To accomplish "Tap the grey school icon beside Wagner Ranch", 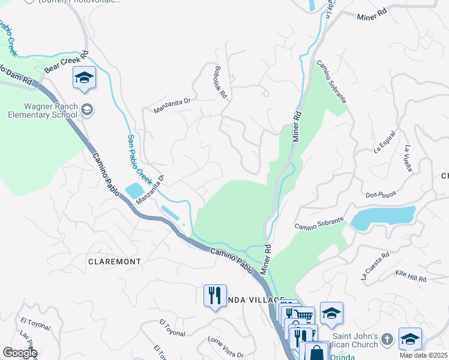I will coord(88,109).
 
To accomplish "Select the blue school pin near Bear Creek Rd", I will coord(85,77).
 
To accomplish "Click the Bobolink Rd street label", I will coord(220,83).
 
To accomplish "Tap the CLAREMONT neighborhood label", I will coord(114,262).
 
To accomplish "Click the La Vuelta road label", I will coord(408,158).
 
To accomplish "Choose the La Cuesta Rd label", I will coord(375,266).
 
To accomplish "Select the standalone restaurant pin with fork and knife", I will coord(215,296).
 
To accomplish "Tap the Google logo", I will coord(20,353).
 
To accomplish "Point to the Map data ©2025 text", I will coord(424,355).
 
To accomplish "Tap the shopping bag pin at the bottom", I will coord(316,352).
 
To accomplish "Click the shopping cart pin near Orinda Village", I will coord(304,315).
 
